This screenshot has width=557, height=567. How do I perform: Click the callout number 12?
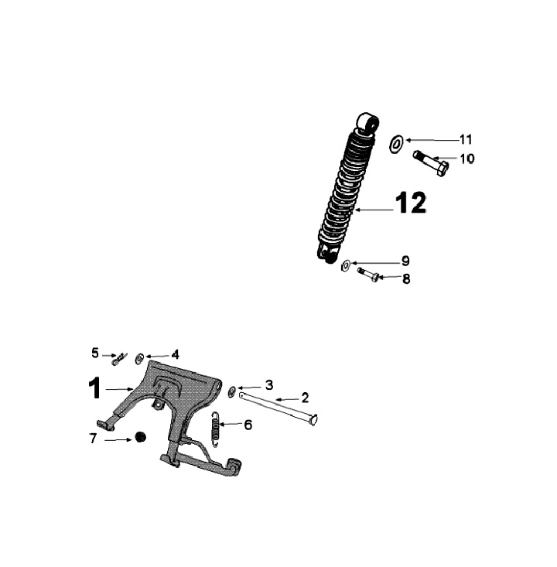click(x=410, y=203)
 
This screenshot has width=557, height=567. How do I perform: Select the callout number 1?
click(x=94, y=388)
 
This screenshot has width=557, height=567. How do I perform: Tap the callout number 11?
click(x=465, y=140)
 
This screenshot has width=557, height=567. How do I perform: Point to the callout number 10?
click(x=467, y=159)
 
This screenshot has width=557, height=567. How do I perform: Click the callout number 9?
click(x=405, y=261)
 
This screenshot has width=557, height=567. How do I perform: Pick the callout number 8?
click(x=405, y=278)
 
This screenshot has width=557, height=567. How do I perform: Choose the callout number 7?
click(x=94, y=439)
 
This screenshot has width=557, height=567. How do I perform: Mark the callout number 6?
click(x=248, y=425)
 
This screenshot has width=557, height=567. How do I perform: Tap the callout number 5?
click(x=95, y=353)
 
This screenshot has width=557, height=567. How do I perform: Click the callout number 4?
click(x=175, y=354)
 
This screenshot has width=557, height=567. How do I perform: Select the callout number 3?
click(x=268, y=384)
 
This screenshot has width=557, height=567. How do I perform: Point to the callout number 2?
click(x=305, y=398)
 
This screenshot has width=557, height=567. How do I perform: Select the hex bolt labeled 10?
click(x=431, y=162)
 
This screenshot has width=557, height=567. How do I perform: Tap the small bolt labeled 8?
click(x=368, y=274)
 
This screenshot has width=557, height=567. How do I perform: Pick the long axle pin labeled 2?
click(x=278, y=407)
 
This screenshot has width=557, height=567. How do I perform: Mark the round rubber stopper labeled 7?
click(x=141, y=437)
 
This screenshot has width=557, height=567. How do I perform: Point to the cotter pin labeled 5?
click(x=120, y=358)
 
